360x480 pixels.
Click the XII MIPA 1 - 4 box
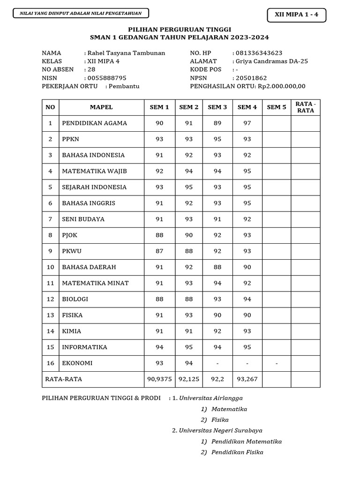point(296,15)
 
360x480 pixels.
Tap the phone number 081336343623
point(259,53)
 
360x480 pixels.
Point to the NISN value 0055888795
point(107,78)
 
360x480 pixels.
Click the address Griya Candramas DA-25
point(272,61)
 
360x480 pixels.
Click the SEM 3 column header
point(217,107)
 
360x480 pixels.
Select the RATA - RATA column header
point(305,107)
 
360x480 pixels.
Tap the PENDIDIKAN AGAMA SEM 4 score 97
point(247,123)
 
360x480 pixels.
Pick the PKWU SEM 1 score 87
point(159,251)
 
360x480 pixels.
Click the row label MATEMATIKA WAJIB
point(94,171)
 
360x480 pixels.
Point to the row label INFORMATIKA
point(84,347)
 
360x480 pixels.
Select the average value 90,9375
point(159,379)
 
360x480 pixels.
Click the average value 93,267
point(247,379)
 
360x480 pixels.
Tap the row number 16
point(50,363)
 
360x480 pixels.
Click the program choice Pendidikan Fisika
point(237,452)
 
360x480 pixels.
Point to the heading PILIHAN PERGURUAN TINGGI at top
point(180,29)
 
